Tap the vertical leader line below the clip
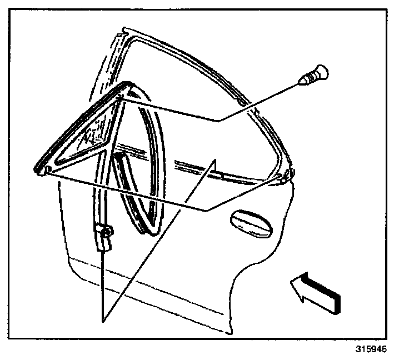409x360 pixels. click(x=103, y=278)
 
